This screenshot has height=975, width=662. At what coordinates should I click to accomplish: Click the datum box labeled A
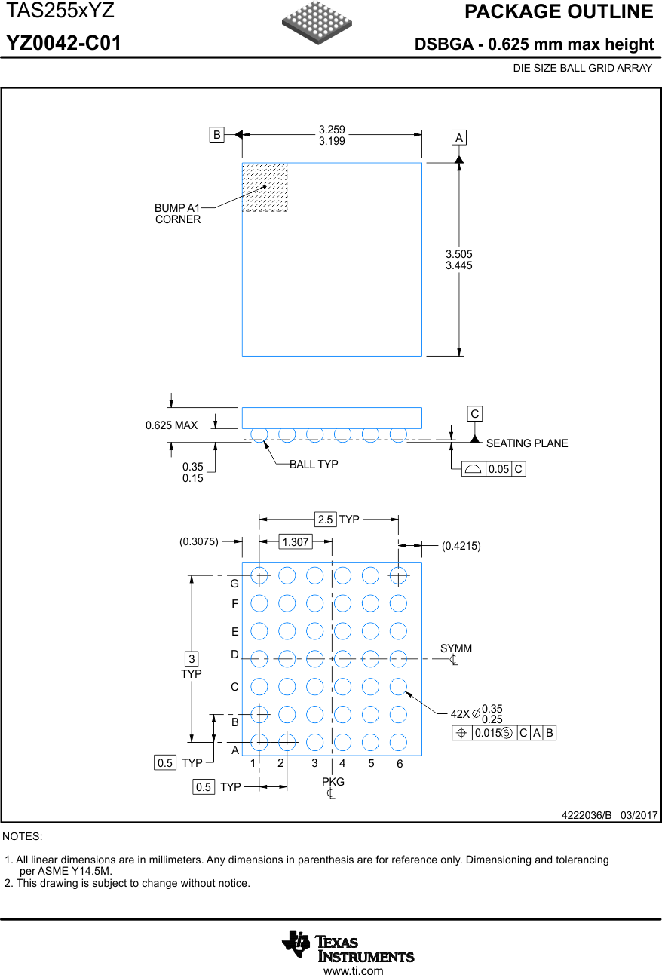459,137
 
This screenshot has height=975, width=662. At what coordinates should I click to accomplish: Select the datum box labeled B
217,135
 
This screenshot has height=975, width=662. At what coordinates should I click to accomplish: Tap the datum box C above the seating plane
475,414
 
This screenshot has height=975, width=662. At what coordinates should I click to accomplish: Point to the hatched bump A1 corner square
265,187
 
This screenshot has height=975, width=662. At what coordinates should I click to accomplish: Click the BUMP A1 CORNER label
178,213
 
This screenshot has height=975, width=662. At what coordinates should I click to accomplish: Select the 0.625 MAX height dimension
171,425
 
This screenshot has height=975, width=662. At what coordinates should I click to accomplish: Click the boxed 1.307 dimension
295,541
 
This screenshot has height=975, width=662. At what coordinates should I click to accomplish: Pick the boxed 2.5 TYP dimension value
325,520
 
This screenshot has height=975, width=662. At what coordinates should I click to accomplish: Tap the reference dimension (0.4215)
461,545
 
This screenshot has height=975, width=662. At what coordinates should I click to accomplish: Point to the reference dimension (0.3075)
199,541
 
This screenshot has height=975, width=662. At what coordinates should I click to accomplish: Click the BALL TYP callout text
314,465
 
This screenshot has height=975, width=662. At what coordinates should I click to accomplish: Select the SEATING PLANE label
527,443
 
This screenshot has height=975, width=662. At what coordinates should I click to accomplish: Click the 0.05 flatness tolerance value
498,469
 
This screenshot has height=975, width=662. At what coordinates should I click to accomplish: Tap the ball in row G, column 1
259,575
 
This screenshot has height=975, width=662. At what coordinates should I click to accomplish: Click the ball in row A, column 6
398,742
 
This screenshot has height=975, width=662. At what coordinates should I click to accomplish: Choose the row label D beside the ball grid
234,655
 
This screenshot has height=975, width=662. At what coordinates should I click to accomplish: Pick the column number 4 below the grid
342,763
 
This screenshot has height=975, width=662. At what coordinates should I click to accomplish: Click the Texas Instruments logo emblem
296,945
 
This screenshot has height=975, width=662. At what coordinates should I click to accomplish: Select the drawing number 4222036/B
587,816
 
